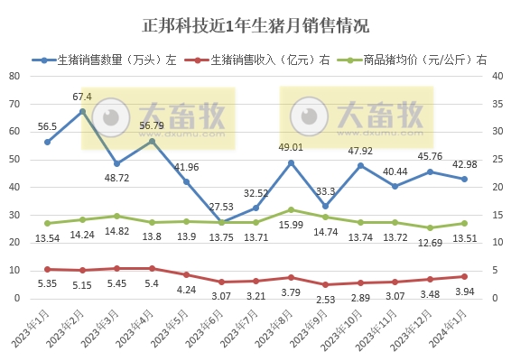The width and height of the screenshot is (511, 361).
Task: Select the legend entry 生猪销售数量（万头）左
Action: tap(117, 60)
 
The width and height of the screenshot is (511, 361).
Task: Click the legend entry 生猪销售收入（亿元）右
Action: tap(270, 60)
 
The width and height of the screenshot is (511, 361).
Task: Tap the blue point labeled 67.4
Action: tap(82, 112)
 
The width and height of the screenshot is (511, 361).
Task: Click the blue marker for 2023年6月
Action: tap(221, 222)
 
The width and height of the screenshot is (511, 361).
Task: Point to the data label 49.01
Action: tap(290, 147)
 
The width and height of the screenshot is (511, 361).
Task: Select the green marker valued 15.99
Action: tap(290, 209)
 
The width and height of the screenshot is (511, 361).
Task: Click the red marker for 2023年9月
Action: tap(325, 284)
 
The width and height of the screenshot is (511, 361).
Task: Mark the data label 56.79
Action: tap(151, 125)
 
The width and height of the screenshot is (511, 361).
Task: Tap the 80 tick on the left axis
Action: tap(14, 76)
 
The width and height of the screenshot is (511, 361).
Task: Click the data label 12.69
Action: tap(430, 243)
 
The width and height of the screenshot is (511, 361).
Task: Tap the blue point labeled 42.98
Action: tap(464, 179)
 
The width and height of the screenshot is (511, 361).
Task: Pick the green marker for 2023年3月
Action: tap(116, 216)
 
